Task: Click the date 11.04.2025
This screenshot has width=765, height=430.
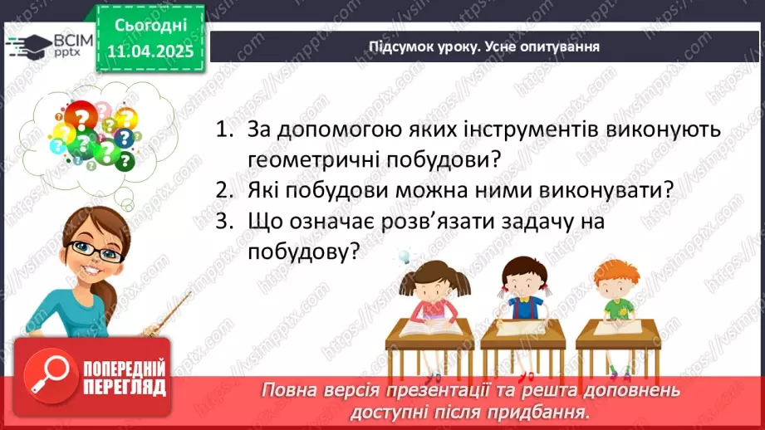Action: (x=150, y=50)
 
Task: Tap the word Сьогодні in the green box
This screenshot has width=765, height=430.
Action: (x=150, y=26)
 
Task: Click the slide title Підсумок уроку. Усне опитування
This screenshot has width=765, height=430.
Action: (x=484, y=46)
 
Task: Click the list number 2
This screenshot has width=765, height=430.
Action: (x=221, y=190)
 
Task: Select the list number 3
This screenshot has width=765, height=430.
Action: (x=221, y=222)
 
